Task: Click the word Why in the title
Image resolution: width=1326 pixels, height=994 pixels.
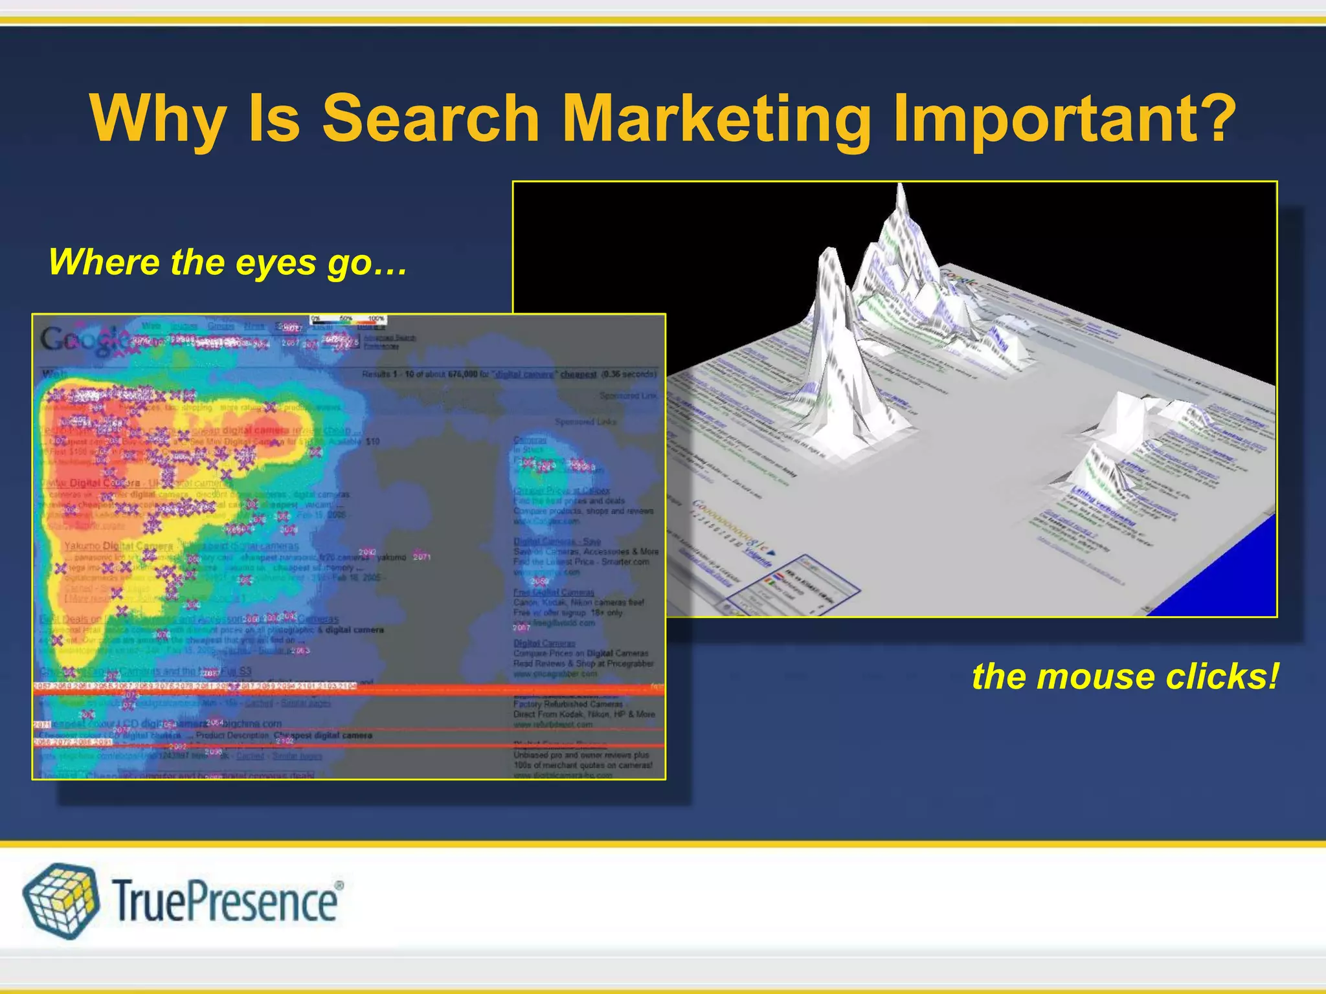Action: (x=158, y=119)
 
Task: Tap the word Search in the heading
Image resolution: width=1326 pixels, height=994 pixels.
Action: (x=431, y=119)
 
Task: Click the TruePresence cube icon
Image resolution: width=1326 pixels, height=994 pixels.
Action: (x=61, y=900)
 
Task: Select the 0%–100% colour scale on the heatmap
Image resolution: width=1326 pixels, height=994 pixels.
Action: (x=348, y=319)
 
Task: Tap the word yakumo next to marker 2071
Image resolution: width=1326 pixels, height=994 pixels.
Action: (x=391, y=557)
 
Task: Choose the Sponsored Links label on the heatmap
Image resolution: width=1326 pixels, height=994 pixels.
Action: (x=585, y=422)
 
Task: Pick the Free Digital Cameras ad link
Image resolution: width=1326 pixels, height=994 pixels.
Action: (x=554, y=592)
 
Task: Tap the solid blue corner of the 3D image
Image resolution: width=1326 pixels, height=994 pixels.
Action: (x=1230, y=582)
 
